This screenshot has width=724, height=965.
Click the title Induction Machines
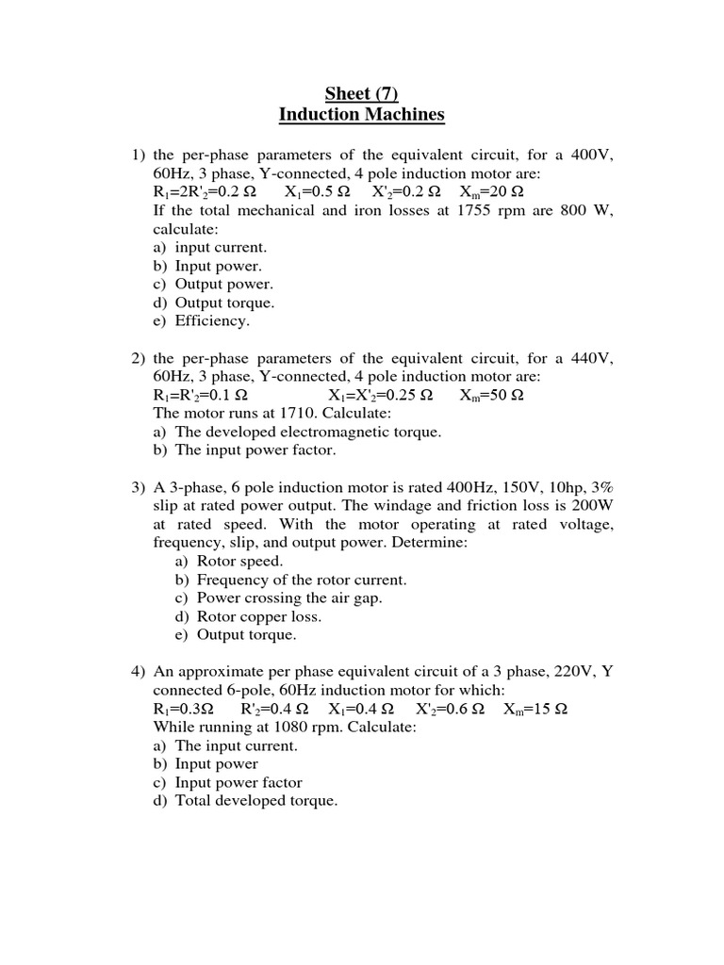pyautogui.click(x=361, y=115)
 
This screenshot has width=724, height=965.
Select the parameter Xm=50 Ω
pyautogui.click(x=491, y=395)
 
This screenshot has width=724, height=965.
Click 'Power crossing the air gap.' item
pyautogui.click(x=289, y=597)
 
